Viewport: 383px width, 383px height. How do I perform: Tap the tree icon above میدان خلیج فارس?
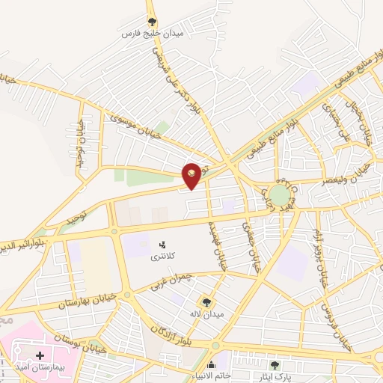[x=152, y=22]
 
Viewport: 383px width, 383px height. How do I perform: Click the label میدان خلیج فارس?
[x=152, y=34]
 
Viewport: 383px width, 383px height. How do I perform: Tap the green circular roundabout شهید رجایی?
[x=279, y=195]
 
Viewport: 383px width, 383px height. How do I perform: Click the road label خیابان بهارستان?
[x=86, y=302]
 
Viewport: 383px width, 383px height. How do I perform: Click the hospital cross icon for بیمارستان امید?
[x=40, y=357]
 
